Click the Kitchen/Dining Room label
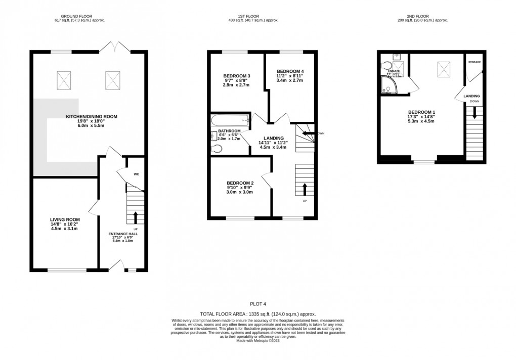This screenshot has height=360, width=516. click(x=92, y=116)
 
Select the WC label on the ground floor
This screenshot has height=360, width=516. click(x=136, y=174)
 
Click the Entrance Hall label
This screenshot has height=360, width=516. click(x=123, y=234)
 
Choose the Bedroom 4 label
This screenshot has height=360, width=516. click(x=290, y=71)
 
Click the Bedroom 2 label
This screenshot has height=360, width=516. click(x=240, y=183)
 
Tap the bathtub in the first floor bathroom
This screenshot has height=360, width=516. click(x=230, y=121)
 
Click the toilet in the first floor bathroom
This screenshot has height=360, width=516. click(x=217, y=148)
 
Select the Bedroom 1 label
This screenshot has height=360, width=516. click(x=421, y=112)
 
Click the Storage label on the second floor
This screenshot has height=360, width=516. click(x=474, y=62)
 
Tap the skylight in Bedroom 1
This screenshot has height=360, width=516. click(x=444, y=69)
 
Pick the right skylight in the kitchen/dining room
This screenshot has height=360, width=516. click(x=112, y=79)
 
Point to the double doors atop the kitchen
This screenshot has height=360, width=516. click(x=116, y=48)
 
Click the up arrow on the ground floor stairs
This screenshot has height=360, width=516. click(x=135, y=217)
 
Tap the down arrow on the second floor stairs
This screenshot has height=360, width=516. click(x=474, y=113)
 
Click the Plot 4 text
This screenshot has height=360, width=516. click(x=257, y=304)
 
